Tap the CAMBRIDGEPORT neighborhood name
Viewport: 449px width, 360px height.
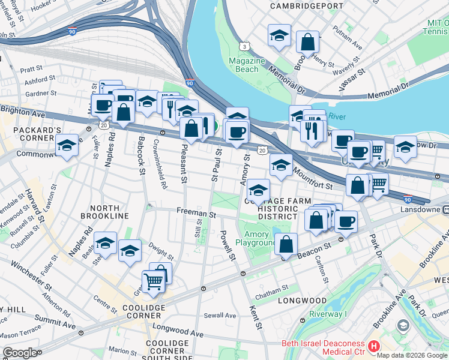pos(306,5)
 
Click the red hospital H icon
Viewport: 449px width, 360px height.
pos(374,346)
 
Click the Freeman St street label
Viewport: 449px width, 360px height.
pos(196,213)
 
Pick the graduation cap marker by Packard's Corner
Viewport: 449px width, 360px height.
pos(67,146)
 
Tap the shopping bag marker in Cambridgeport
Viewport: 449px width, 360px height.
pos(307,42)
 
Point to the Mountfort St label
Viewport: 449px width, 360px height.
pos(312,179)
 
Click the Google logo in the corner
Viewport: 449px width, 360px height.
pos(20,353)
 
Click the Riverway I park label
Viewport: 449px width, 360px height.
pos(328,314)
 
